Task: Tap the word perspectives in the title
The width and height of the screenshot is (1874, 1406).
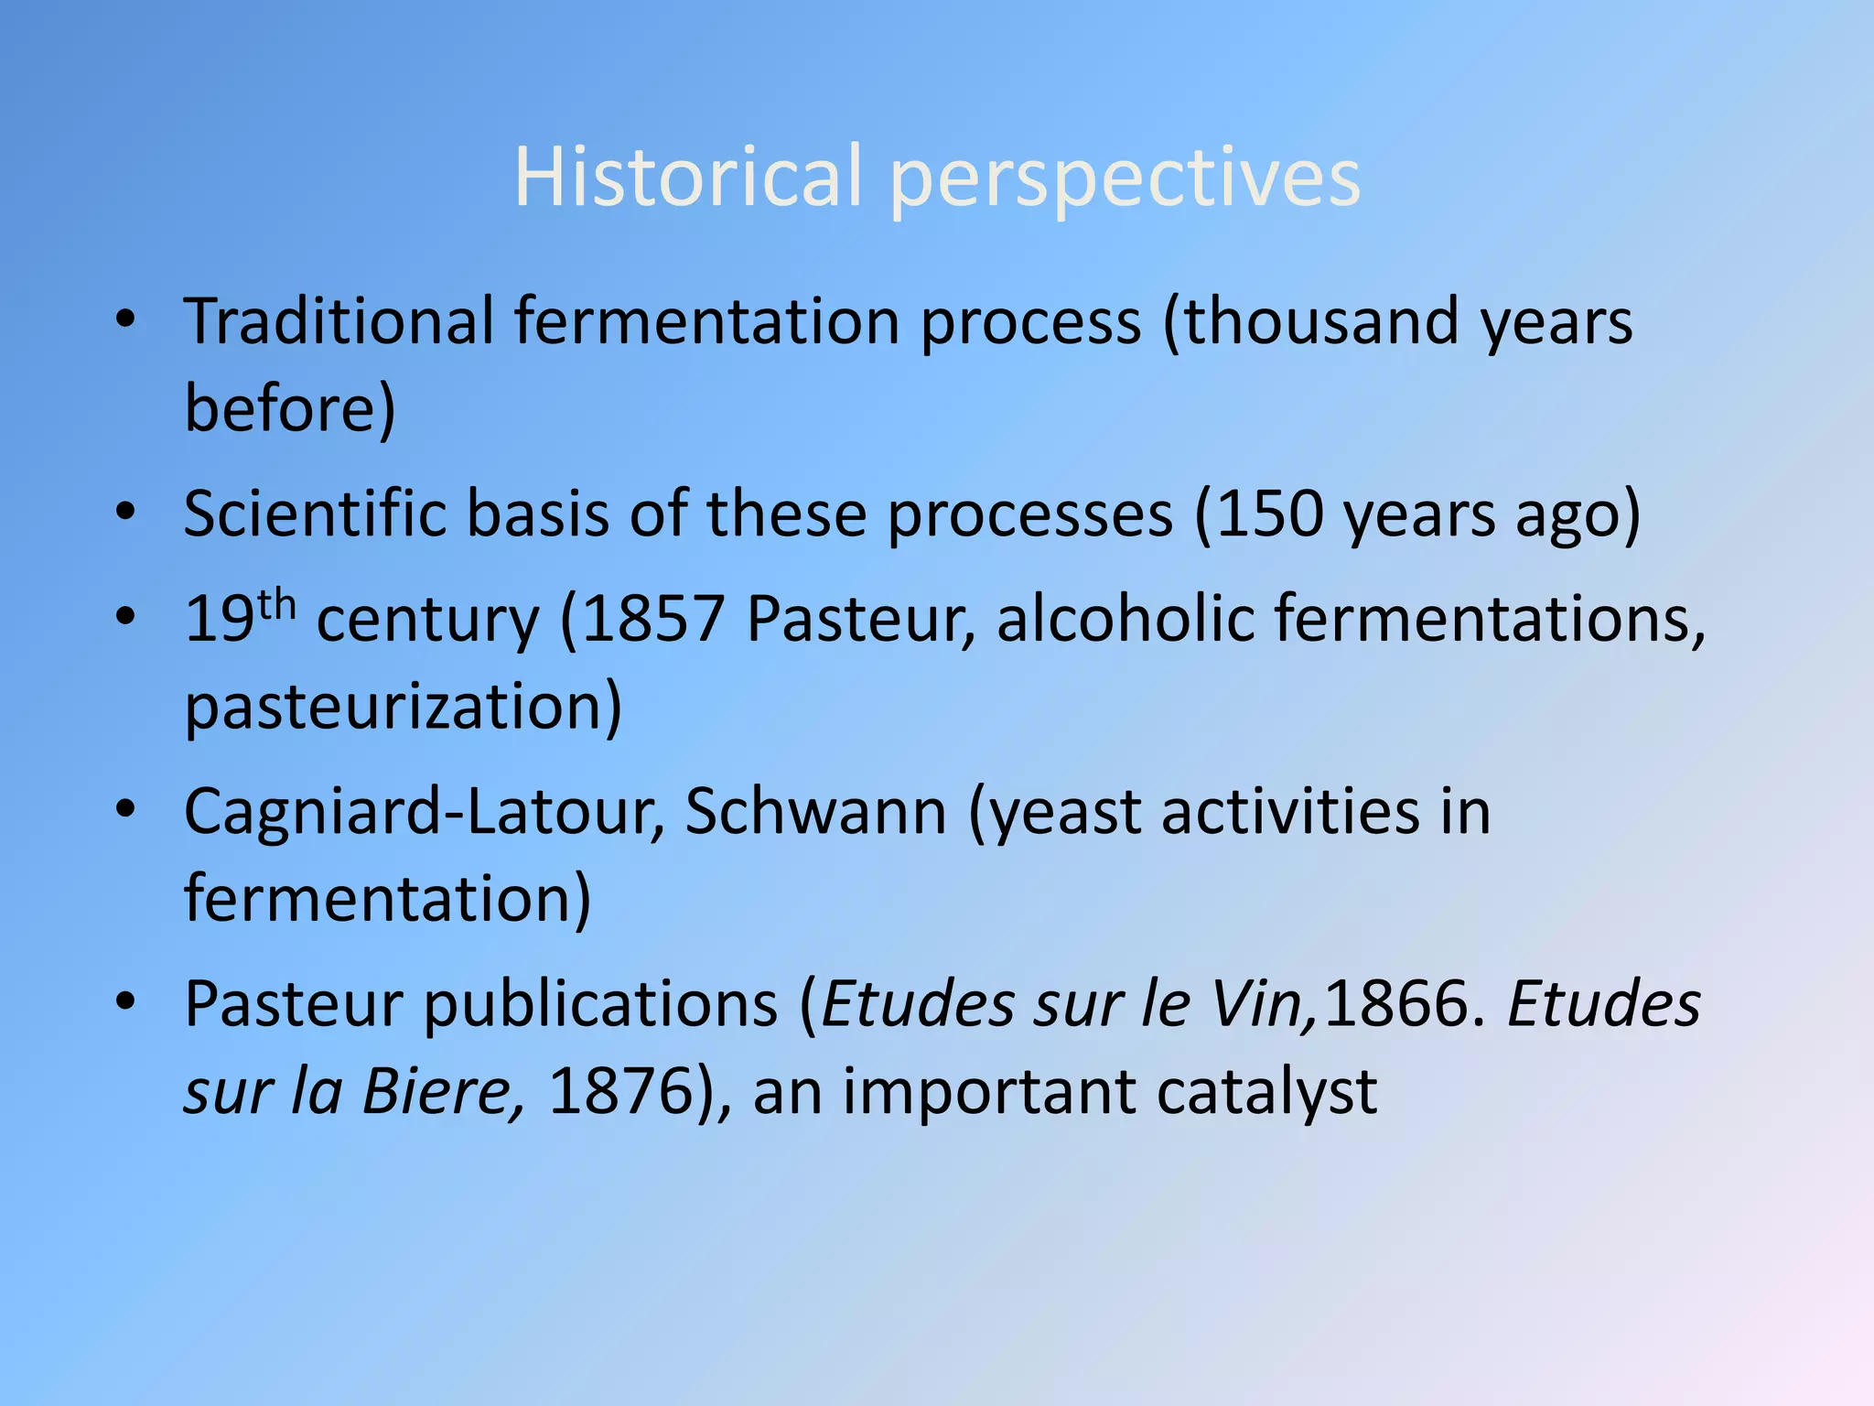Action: tap(1125, 179)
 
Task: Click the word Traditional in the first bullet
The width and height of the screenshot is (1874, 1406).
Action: tap(339, 321)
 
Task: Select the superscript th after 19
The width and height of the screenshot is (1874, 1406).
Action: tap(276, 605)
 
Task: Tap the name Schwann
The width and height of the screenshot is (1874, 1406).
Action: tap(815, 811)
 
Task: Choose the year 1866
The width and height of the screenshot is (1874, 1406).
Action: tap(1396, 1004)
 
